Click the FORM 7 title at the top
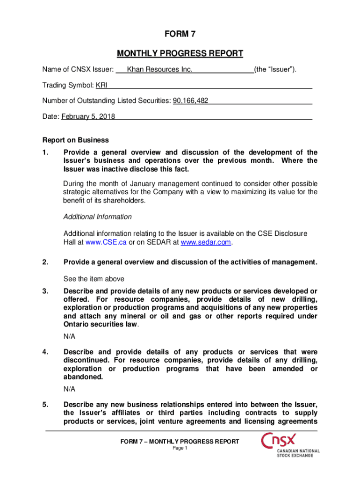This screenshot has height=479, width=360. click(x=180, y=34)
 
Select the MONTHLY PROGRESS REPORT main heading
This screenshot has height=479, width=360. click(x=180, y=53)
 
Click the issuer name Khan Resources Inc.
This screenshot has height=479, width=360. click(x=159, y=70)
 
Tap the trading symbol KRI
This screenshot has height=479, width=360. click(x=101, y=86)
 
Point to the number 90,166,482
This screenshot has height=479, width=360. click(x=191, y=101)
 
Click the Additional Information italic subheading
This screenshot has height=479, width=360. click(x=98, y=217)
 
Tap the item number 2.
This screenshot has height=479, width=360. click(x=45, y=262)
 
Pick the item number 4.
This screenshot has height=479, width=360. click(x=45, y=352)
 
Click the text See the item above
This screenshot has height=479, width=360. click(x=94, y=279)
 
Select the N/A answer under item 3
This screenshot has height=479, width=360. click(x=69, y=336)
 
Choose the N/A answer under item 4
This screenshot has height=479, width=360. click(x=69, y=389)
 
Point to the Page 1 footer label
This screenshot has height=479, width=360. click(x=180, y=448)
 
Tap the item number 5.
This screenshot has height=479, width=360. click(x=45, y=404)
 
